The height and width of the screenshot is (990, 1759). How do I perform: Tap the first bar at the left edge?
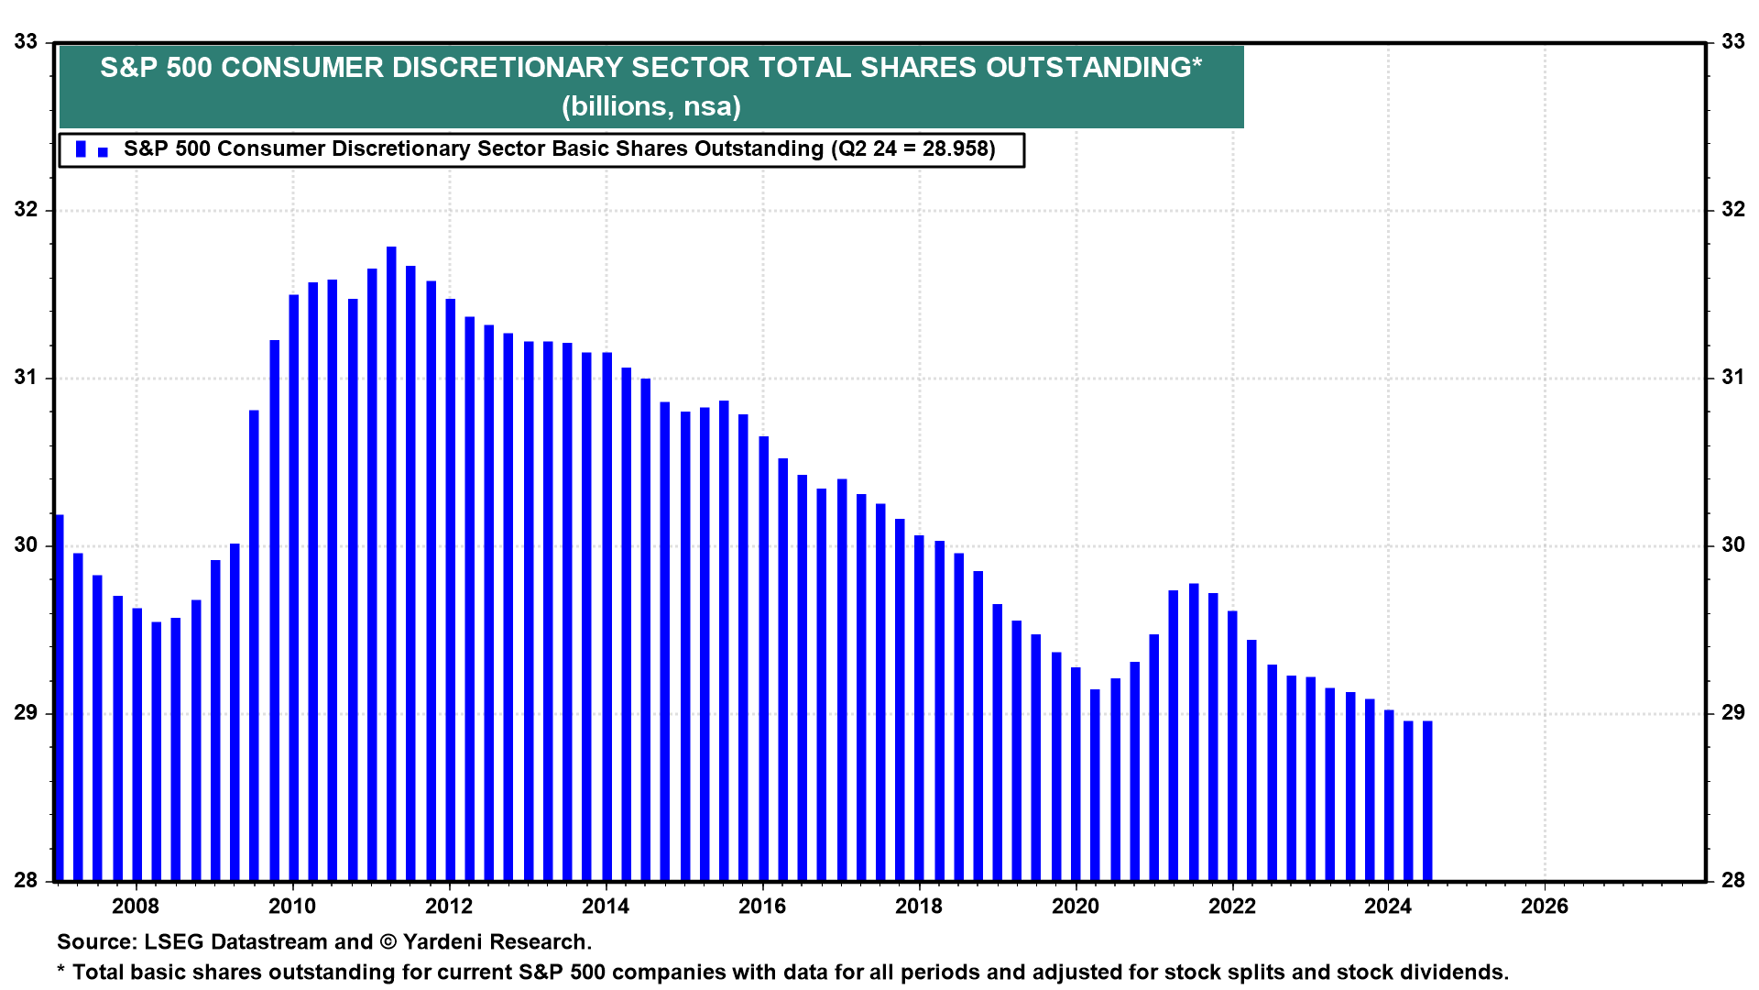[60, 697]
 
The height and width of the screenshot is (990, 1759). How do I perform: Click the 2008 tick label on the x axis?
[136, 907]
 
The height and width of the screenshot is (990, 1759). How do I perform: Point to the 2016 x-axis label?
[762, 907]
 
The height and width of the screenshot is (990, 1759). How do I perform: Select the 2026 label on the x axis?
[1545, 907]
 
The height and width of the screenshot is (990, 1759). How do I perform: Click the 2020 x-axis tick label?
[1076, 907]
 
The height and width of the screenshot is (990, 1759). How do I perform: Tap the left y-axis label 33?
[27, 42]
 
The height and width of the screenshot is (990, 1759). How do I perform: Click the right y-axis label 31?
[1733, 378]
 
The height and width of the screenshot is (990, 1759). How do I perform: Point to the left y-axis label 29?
[27, 713]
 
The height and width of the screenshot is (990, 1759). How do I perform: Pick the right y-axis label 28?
[1733, 881]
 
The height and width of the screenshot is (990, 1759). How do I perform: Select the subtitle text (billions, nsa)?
[651, 106]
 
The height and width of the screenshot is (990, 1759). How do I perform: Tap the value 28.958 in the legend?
[955, 149]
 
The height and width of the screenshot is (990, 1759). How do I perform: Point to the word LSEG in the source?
[173, 942]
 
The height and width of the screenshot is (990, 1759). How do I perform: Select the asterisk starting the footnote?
[61, 970]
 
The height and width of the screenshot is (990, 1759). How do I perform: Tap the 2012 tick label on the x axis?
[449, 907]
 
